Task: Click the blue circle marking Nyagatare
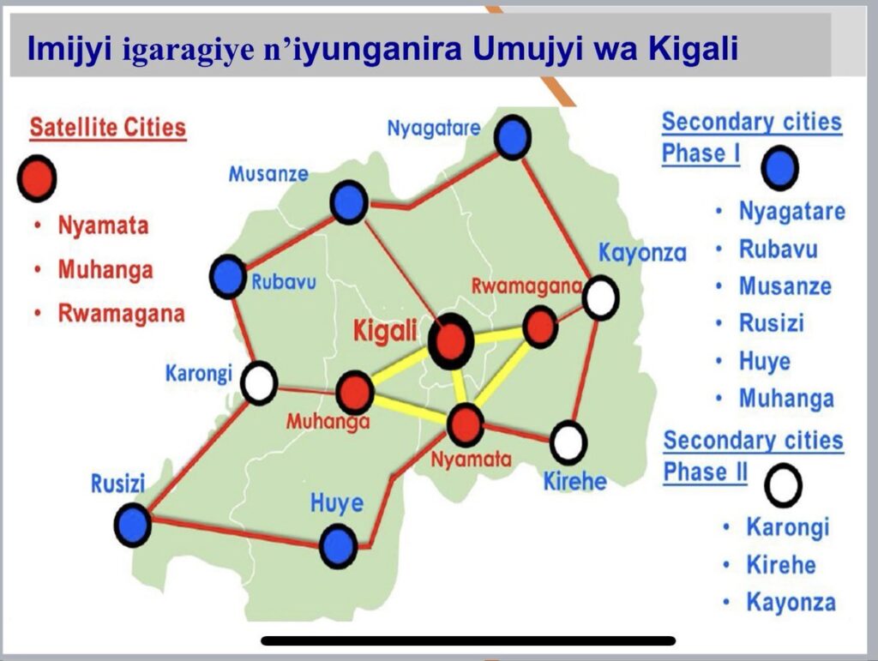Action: click(x=513, y=138)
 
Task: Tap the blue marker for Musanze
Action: click(x=349, y=202)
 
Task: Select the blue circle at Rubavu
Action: click(x=228, y=277)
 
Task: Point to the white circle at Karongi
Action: click(x=259, y=383)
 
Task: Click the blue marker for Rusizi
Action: click(x=133, y=525)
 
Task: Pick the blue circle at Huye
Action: click(x=338, y=546)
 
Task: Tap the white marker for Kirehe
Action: click(x=568, y=442)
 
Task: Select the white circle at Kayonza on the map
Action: click(x=601, y=297)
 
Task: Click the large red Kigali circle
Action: click(x=451, y=341)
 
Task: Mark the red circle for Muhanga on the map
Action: click(x=354, y=393)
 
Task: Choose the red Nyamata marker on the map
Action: click(x=466, y=425)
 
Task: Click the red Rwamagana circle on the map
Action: click(x=540, y=327)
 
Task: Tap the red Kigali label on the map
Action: click(x=385, y=331)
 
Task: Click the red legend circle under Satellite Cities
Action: click(x=37, y=178)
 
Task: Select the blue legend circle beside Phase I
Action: click(x=780, y=168)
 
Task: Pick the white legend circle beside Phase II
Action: click(x=784, y=485)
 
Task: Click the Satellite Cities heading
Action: click(x=107, y=127)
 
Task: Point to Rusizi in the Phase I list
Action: click(x=772, y=323)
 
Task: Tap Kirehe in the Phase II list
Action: click(x=781, y=565)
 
